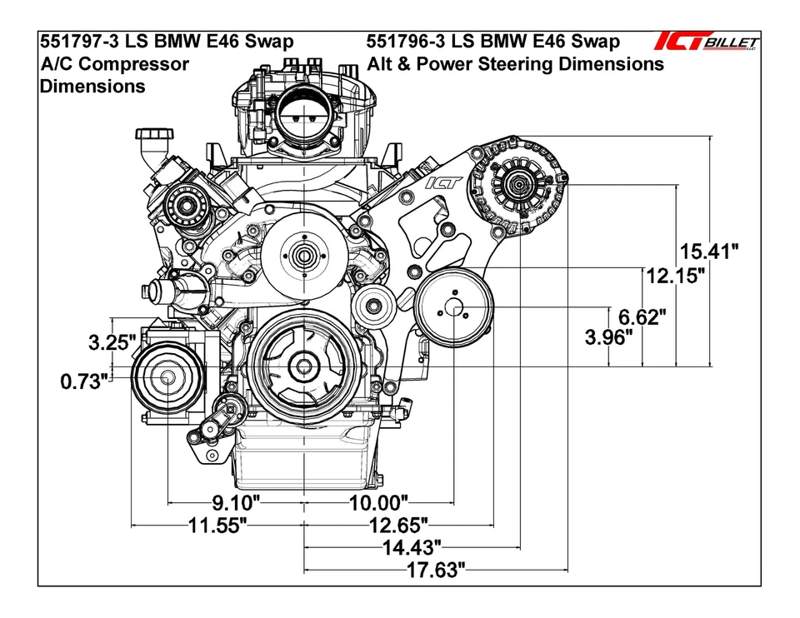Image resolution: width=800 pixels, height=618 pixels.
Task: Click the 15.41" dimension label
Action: click(708, 251)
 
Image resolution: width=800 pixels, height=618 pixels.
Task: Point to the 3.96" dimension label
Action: click(609, 337)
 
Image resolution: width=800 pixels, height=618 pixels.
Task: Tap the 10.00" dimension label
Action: click(379, 502)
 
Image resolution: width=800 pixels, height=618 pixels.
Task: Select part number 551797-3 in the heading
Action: click(76, 42)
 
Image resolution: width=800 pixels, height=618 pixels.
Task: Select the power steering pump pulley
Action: click(454, 307)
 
